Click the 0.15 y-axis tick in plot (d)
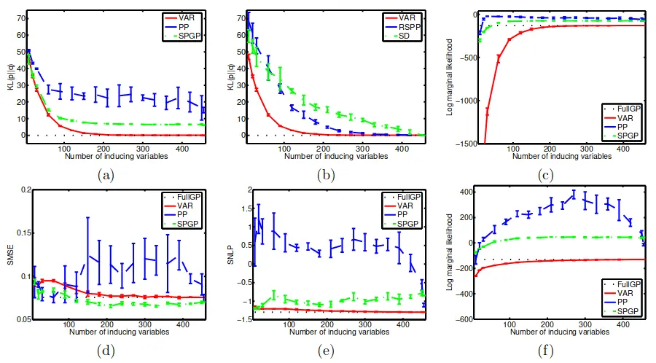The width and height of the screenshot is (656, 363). [x=15, y=234]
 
